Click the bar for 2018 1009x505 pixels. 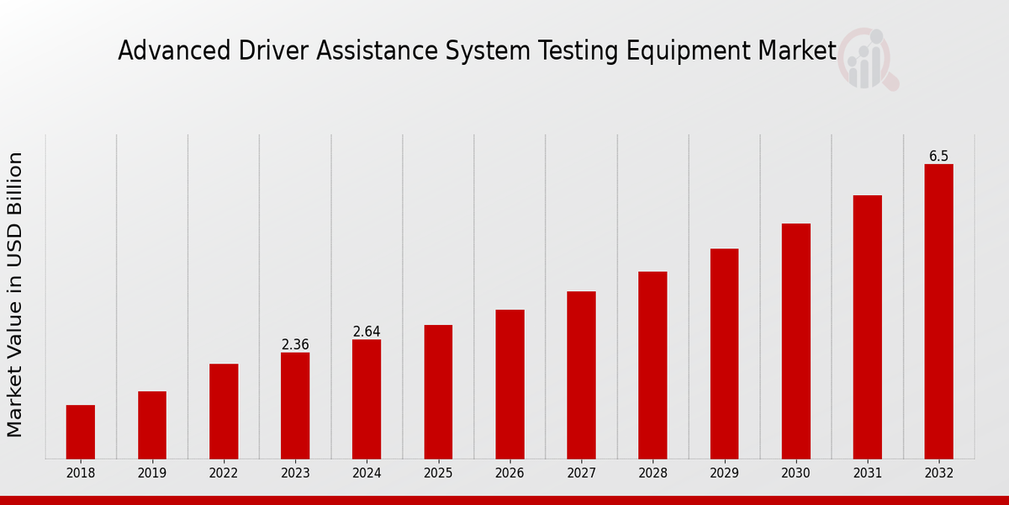coord(81,432)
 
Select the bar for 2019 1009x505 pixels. coord(152,425)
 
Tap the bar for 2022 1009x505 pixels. coord(224,411)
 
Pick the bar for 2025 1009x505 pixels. coord(438,391)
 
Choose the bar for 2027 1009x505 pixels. coord(581,375)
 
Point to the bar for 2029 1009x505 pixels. coord(724,353)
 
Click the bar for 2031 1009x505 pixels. coord(867,327)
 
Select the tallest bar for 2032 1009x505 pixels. coord(938,311)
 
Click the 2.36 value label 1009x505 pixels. coord(295,344)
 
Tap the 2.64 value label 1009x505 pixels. coord(367,332)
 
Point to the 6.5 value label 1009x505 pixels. coord(938,157)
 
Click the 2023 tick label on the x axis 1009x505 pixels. coord(295,473)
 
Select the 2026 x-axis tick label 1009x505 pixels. coord(510,473)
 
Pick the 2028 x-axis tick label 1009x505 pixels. coord(652,473)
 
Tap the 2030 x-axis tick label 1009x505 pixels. coord(795,473)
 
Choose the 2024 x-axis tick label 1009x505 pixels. coord(367,473)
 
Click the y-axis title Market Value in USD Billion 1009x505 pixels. coord(15,295)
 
